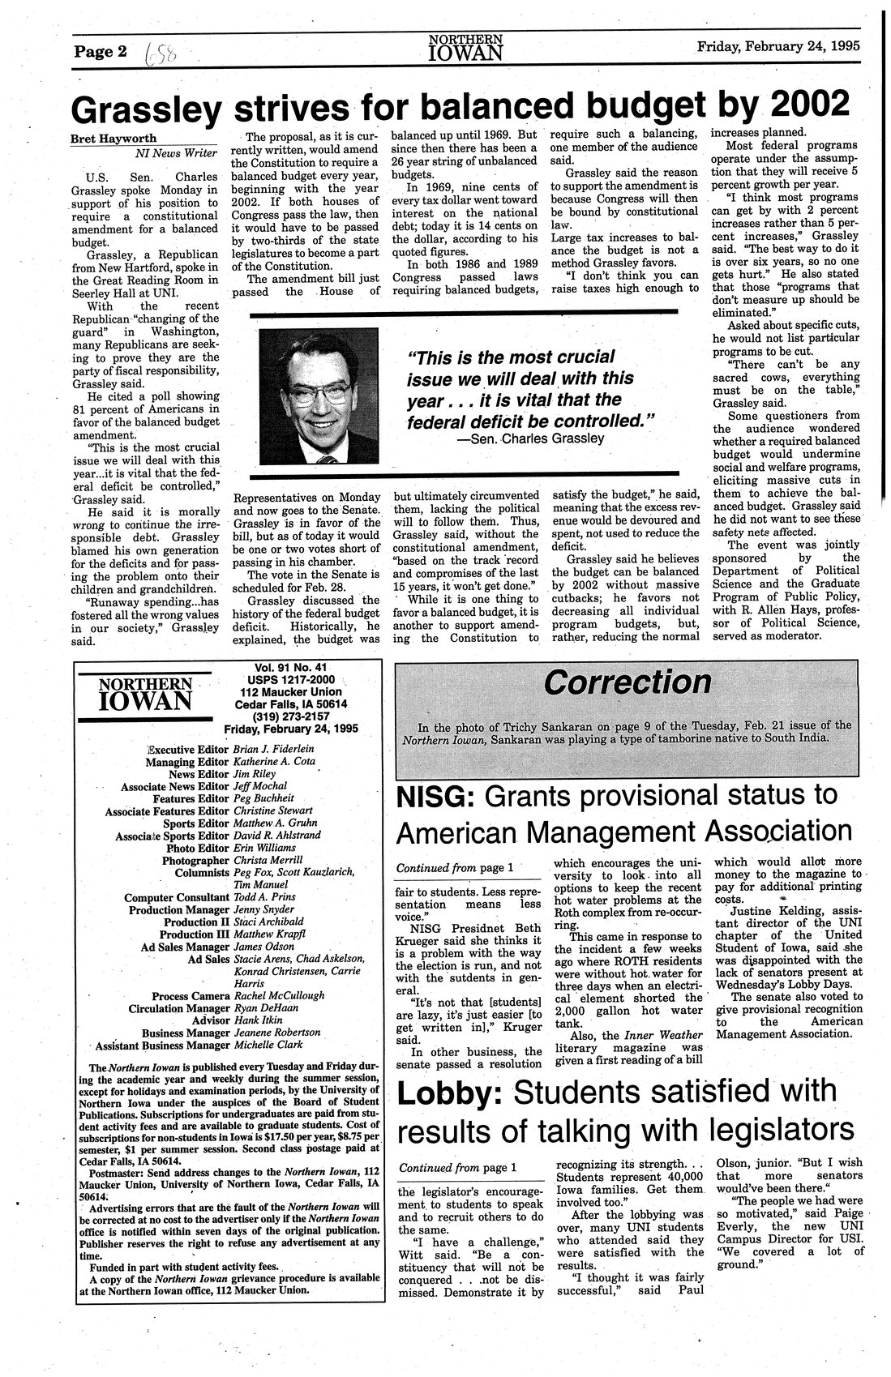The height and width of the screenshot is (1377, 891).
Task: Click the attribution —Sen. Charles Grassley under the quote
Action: [x=531, y=438]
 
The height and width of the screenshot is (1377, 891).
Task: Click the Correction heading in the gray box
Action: [x=628, y=681]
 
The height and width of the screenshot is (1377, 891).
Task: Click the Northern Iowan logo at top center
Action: [x=465, y=48]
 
